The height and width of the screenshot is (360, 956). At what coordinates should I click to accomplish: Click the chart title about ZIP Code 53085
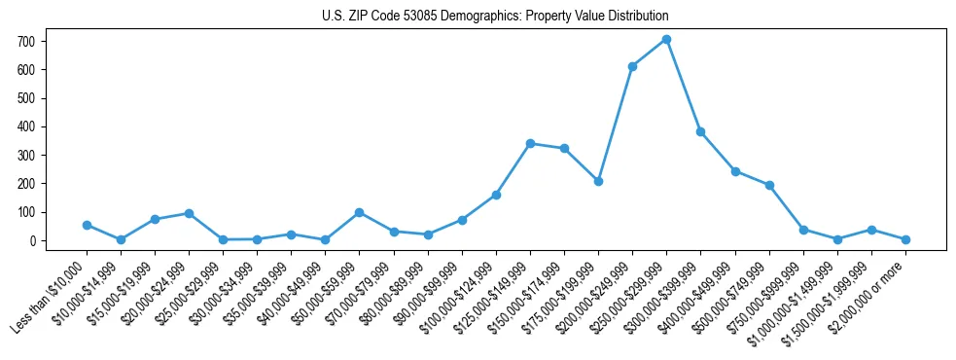[x=495, y=17]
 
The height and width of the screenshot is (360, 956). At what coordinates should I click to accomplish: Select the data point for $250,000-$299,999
[x=666, y=40]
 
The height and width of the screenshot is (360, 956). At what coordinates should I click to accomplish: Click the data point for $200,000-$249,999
[x=632, y=66]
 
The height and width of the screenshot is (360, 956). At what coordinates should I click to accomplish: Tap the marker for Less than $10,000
[x=87, y=225]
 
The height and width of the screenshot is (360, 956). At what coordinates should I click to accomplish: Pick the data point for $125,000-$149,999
[x=530, y=143]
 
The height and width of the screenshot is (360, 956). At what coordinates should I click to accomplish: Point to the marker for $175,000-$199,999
[x=598, y=181]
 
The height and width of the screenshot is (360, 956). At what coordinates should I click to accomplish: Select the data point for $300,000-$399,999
[x=700, y=131]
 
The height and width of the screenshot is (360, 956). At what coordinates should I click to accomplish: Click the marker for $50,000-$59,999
[x=360, y=212]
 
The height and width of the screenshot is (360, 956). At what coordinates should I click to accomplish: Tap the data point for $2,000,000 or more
[x=905, y=239]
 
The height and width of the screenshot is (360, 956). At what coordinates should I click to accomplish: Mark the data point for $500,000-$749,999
[x=769, y=185]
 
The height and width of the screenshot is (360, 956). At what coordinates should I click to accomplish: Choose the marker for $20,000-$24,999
[x=189, y=213]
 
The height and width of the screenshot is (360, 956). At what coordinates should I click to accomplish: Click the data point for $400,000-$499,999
[x=735, y=171]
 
